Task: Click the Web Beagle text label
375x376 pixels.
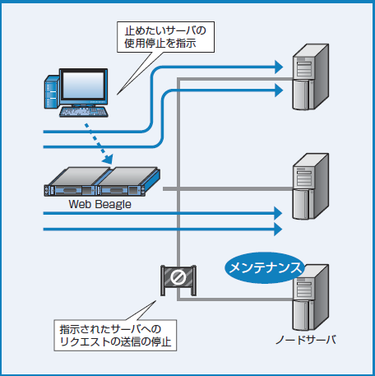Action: coord(101,203)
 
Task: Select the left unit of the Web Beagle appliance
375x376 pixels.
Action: coord(71,179)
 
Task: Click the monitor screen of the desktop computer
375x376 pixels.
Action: coord(85,86)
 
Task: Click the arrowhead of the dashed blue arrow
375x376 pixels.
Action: coord(108,157)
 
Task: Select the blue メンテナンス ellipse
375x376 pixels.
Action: coord(265,268)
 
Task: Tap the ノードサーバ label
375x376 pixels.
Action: coord(303,339)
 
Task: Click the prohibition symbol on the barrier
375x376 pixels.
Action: coord(177,278)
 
